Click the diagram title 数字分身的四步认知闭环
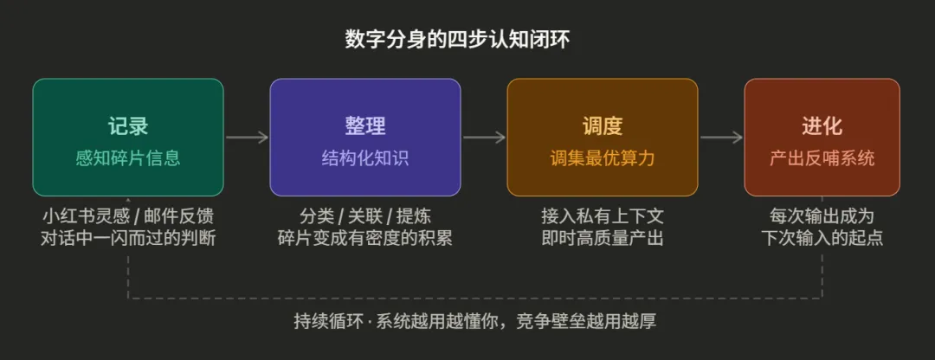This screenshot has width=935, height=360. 457,40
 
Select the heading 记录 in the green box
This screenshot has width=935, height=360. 128,125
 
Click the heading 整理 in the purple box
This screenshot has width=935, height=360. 365,125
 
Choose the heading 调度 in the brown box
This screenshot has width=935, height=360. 603,125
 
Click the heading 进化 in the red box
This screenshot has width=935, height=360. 822,125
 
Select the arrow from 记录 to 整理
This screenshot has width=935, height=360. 247,137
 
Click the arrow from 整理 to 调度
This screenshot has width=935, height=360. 484,137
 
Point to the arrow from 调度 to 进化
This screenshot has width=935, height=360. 721,137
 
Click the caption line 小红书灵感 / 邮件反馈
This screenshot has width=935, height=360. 128,215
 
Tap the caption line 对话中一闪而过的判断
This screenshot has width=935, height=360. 128,237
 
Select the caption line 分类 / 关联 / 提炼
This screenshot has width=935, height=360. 365,215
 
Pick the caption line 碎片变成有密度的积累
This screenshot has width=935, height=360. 365,237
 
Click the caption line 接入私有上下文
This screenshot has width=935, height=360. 603,215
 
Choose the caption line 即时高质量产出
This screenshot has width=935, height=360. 603,237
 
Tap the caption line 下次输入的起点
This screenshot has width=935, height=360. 822,237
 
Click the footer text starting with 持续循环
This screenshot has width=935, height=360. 474,321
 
